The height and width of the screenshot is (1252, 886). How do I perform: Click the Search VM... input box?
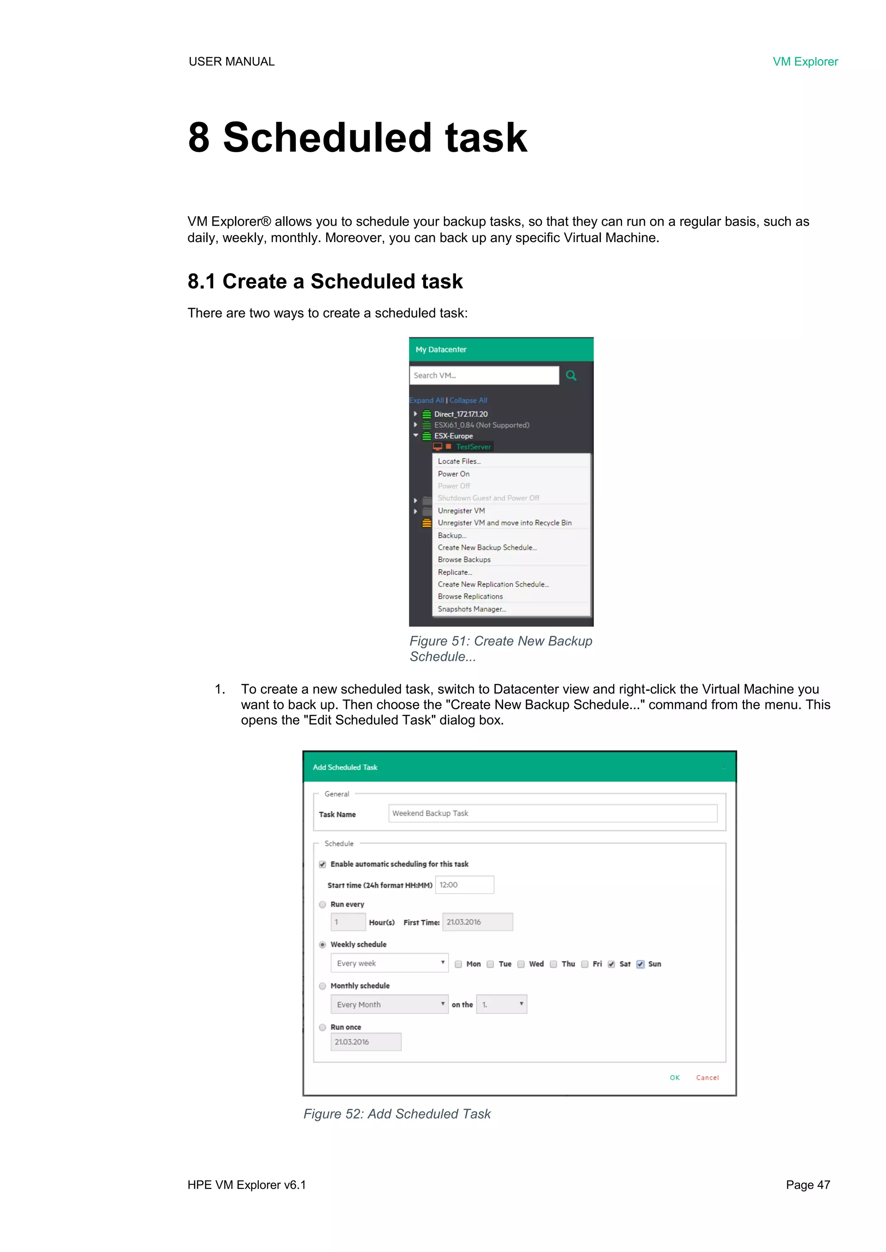tap(483, 375)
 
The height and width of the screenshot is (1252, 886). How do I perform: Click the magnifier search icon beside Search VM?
tap(571, 375)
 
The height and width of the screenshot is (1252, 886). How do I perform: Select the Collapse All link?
tap(468, 400)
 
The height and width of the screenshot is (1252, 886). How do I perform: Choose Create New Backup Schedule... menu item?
tap(487, 548)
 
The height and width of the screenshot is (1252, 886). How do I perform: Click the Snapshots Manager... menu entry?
tap(472, 609)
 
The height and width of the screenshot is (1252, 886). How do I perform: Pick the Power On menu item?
tap(453, 474)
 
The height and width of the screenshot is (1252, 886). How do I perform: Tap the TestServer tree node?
tap(473, 447)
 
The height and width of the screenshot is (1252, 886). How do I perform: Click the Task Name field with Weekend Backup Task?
tap(552, 813)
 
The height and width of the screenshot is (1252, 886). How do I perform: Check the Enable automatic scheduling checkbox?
tap(322, 865)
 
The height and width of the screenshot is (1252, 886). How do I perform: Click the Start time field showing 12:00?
tap(464, 884)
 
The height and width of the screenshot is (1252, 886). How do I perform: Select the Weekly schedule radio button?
tap(322, 945)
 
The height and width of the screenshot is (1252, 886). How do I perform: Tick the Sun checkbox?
tap(641, 964)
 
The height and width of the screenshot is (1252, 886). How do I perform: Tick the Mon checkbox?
tap(458, 964)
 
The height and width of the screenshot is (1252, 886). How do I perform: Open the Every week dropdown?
tap(389, 963)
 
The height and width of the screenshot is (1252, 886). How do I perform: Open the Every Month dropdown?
tap(389, 1005)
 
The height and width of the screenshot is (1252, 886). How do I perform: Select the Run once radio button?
tap(322, 1028)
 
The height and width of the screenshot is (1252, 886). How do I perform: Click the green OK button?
tap(675, 1078)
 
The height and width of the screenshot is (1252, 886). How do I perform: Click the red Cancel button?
tap(707, 1078)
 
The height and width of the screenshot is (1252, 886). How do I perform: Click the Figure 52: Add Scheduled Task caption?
tap(397, 1114)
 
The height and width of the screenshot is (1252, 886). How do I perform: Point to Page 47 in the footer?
tap(807, 1185)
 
